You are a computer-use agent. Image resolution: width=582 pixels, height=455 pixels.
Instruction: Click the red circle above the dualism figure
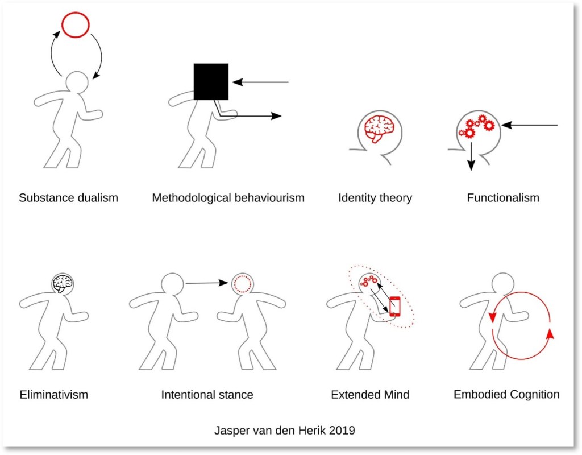[x=75, y=26]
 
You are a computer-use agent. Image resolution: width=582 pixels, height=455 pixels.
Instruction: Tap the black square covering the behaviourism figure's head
[x=211, y=82]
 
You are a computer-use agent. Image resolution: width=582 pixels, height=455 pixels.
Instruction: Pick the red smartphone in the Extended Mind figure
[x=395, y=307]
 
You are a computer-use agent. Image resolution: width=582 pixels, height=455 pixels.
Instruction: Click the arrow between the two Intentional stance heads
[x=207, y=282]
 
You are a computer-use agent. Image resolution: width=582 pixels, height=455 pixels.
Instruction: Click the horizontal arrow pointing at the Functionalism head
[x=531, y=125]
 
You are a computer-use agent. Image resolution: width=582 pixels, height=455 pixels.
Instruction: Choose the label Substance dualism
[x=68, y=198]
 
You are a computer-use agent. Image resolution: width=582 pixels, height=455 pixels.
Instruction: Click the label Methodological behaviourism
[x=228, y=198]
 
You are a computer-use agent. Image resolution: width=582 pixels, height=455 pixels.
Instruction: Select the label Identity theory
[x=375, y=198]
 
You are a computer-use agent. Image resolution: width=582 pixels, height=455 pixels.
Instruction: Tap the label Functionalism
[x=503, y=198]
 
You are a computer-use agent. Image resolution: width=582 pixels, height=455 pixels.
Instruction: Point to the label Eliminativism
[x=54, y=394]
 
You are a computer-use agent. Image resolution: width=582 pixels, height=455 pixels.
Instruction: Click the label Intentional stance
[x=207, y=394]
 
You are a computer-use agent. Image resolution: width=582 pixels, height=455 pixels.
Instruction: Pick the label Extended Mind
[x=370, y=394]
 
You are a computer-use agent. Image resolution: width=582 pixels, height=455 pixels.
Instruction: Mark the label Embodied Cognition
[x=506, y=394]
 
